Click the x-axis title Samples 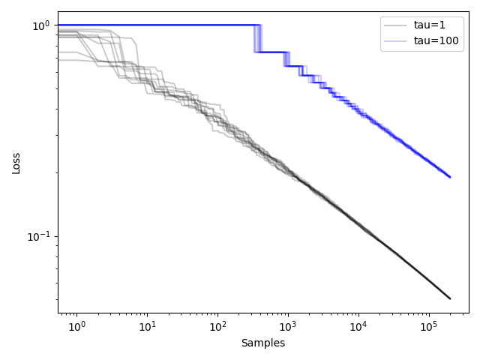click(262, 343)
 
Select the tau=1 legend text click(430, 25)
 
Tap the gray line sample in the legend click(395, 25)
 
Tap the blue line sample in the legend click(395, 40)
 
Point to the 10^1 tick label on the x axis click(147, 328)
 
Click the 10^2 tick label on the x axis click(217, 328)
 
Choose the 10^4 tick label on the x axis click(358, 328)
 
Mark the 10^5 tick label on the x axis click(428, 328)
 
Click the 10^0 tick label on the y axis click(40, 26)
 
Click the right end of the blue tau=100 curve click(450, 177)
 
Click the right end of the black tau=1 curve click(450, 298)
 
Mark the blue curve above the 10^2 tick click(217, 25)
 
